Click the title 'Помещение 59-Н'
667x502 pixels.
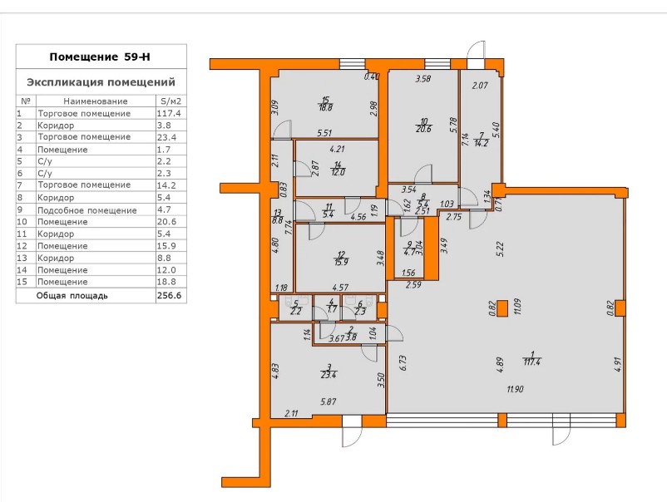(100, 57)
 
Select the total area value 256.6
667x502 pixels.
(170, 295)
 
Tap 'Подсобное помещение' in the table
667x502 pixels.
(87, 210)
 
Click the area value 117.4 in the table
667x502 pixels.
(169, 114)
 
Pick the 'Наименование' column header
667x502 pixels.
(96, 101)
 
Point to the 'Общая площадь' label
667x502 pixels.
(72, 295)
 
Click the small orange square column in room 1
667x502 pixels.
(502, 308)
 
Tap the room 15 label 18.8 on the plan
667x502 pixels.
(326, 107)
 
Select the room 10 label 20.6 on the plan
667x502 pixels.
(423, 129)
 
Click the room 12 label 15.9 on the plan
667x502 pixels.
(342, 262)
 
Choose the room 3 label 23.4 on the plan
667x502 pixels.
(329, 375)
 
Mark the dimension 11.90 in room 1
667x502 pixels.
(515, 389)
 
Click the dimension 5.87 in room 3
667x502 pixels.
(329, 401)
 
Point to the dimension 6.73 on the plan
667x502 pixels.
(403, 363)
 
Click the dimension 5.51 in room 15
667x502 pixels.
(324, 133)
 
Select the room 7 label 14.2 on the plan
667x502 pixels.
(483, 143)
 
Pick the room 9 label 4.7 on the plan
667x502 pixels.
(409, 252)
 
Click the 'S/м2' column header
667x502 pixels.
(170, 101)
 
